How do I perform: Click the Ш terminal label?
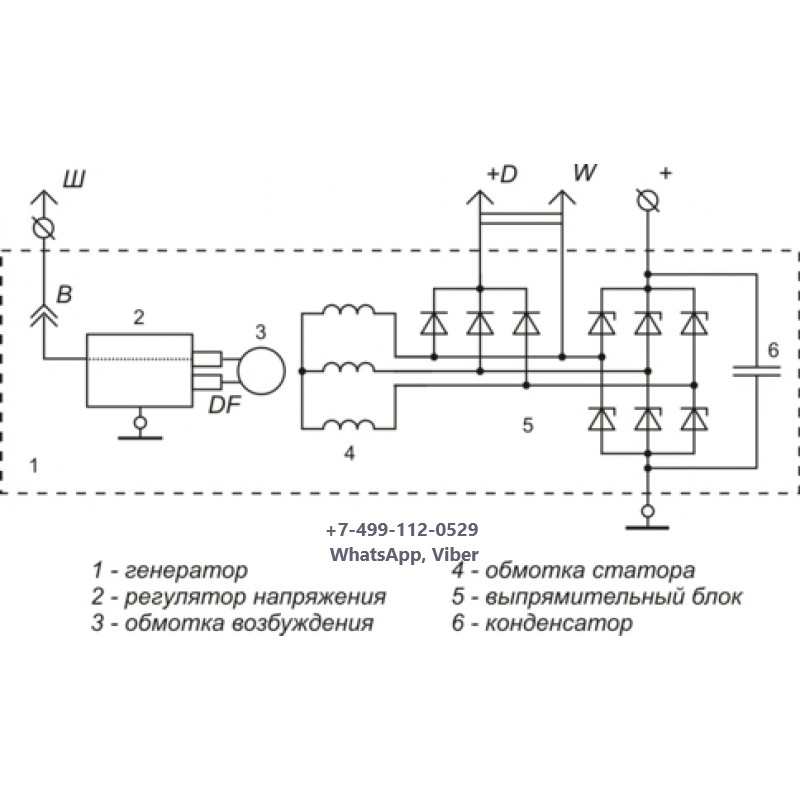74,179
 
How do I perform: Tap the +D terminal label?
502,174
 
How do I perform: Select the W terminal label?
584,172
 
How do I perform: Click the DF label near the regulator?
224,405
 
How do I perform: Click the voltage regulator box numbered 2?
139,370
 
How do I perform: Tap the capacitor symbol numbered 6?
756,371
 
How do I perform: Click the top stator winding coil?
349,310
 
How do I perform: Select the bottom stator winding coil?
349,424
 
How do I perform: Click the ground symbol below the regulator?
140,430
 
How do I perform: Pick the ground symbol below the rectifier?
647,518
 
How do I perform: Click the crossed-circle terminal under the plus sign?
648,199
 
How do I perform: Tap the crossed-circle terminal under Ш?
44,228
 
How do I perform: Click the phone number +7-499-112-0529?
402,530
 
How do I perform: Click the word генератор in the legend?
186,570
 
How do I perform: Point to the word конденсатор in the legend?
559,623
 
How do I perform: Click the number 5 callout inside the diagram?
528,424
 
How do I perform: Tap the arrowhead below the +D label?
480,197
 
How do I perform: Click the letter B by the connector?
64,294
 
